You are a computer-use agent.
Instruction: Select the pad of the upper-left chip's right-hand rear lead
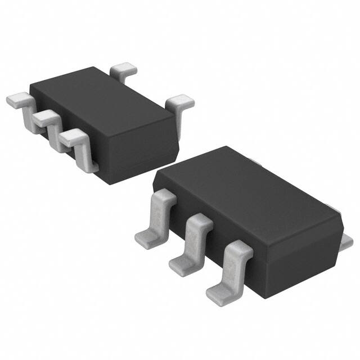(x=181, y=102)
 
